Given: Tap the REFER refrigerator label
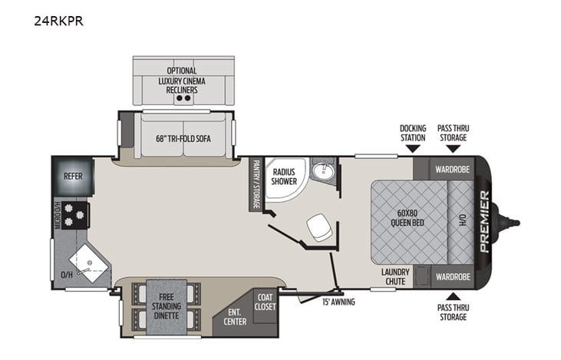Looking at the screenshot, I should point(73,176).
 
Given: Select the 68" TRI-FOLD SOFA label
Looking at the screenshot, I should point(183,138).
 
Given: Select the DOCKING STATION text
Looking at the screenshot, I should point(412,132).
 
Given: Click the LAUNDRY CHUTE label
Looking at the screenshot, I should point(396,276).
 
